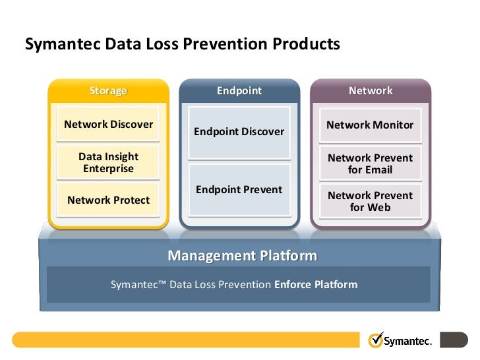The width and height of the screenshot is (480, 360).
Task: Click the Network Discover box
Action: [x=108, y=124]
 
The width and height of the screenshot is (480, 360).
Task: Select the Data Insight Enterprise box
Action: [x=108, y=162]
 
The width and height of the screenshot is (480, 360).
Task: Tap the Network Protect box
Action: [x=108, y=200]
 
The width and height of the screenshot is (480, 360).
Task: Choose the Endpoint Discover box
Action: [x=239, y=133]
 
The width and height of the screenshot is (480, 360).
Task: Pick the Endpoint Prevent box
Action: [x=239, y=190]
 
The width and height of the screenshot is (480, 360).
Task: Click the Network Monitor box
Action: [x=370, y=125]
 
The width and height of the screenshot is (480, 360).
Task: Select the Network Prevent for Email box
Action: [x=370, y=164]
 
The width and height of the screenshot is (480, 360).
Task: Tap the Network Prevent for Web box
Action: [x=370, y=201]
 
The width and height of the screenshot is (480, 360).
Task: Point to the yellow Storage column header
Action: [x=108, y=91]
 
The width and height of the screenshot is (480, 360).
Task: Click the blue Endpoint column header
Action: [x=239, y=91]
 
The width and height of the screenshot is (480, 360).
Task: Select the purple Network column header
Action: [x=371, y=91]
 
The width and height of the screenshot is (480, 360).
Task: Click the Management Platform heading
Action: [x=242, y=256]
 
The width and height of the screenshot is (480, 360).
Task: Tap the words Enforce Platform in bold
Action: [x=316, y=285]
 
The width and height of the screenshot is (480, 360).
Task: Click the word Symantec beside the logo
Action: [x=407, y=341]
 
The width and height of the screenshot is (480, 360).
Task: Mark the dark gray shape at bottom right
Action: [x=454, y=340]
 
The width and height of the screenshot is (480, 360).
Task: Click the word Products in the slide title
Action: [x=306, y=44]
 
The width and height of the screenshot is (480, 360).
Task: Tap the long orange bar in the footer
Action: [x=186, y=340]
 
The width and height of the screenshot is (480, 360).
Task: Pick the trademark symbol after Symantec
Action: [x=162, y=282]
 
